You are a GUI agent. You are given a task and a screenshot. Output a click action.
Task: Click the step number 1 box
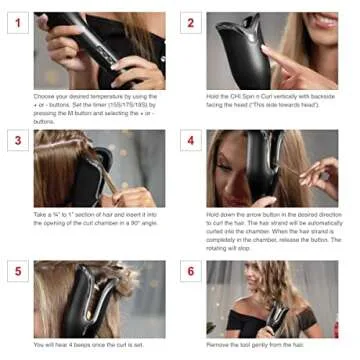coord(17,24)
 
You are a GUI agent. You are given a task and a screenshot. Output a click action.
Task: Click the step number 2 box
coord(190,24)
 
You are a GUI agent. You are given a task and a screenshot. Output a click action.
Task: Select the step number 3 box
coord(17,141)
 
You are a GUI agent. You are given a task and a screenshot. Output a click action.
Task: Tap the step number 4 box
coord(190,141)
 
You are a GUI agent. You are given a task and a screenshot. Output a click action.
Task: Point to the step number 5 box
coord(17,272)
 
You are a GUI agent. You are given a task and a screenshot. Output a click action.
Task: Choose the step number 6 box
coord(190,272)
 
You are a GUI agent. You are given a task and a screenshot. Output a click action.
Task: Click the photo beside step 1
coord(99,50)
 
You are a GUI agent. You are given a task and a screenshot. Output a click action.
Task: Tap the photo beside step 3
coord(99,168)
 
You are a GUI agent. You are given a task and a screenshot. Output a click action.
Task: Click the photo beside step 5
coord(99,298)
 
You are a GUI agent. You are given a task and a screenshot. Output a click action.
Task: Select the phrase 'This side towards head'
coord(290,104)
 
